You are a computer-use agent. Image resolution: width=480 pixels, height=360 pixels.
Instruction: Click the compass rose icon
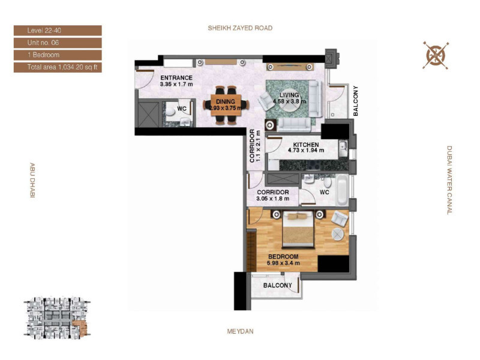point(436,55)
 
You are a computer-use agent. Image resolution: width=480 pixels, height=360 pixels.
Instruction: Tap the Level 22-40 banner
point(58,31)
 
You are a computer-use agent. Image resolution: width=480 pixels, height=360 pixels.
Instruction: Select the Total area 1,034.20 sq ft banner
point(58,67)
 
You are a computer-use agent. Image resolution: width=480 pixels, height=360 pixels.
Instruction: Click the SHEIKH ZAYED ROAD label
point(240,28)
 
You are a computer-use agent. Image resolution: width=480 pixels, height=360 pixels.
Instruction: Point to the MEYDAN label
point(241,331)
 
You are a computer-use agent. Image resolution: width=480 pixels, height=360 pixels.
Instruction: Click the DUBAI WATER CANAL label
point(449,180)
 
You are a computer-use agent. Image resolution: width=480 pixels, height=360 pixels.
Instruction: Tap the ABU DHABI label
point(32,180)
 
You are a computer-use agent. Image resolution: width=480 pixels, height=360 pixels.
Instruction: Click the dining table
point(226,105)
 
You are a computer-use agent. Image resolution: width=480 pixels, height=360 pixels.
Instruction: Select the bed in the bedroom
point(298,229)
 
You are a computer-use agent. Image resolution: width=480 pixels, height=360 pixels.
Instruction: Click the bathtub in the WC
point(341,190)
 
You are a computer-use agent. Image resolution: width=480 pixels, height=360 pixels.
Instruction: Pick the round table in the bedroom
point(338,234)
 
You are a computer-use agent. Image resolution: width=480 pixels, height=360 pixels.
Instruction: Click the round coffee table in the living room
point(289,103)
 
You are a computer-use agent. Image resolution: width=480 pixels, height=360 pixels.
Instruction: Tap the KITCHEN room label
point(306,145)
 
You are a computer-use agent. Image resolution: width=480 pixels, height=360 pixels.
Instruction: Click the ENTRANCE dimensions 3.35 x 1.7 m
point(176,84)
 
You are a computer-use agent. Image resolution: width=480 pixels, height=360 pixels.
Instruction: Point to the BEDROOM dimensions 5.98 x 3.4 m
point(283,263)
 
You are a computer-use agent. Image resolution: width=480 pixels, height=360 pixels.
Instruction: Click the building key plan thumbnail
point(57,318)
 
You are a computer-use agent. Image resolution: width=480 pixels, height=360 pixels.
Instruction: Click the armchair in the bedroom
point(340,218)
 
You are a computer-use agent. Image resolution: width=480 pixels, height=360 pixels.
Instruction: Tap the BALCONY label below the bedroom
point(277,286)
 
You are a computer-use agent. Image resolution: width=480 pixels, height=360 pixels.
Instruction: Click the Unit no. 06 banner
point(58,43)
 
